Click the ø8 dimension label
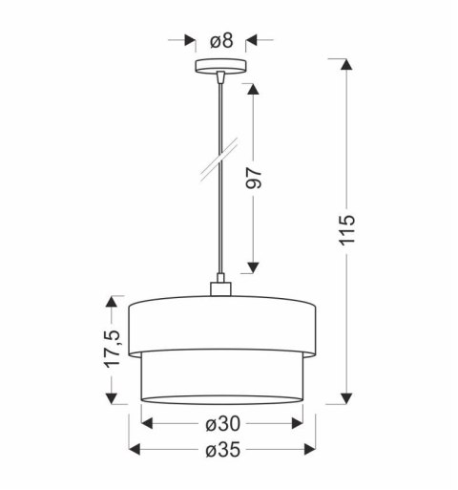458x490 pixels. point(221,40)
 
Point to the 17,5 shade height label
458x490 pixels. point(114,350)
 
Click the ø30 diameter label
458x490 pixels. point(221,423)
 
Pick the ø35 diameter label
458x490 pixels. point(221,450)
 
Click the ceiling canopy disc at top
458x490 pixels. point(220,68)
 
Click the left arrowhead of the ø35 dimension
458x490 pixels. point(134,450)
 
